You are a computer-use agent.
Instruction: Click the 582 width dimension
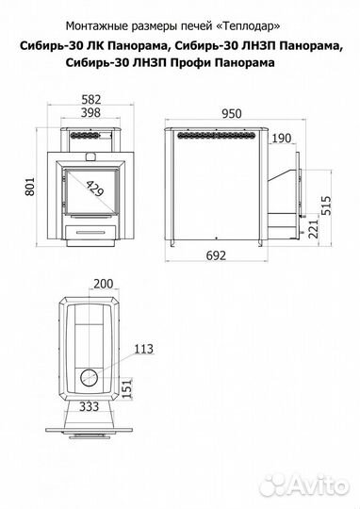tap(91, 99)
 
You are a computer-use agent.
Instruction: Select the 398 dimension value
tap(90, 113)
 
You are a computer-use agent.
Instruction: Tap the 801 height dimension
tap(29, 187)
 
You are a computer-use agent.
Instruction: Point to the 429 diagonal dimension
tap(95, 189)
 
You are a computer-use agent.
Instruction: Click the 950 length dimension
tap(232, 114)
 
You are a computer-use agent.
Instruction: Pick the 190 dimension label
tap(281, 139)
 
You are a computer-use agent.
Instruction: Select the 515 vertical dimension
tap(326, 205)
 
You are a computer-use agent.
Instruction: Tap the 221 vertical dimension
tap(313, 229)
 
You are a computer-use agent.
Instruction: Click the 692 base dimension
tap(216, 255)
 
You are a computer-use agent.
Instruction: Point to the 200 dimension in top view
tap(104, 284)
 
